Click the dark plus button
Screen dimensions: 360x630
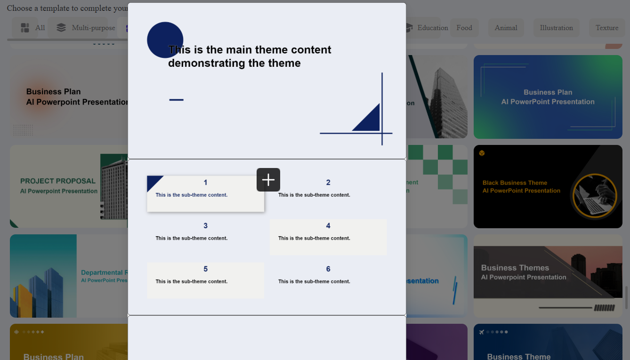pos(268,180)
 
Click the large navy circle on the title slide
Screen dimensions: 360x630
pos(165,40)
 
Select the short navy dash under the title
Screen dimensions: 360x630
pos(176,100)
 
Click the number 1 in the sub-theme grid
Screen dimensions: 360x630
pos(205,183)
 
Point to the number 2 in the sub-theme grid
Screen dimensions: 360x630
pos(328,183)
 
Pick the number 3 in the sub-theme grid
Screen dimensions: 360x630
pos(205,226)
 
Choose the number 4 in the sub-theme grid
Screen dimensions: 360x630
pos(328,226)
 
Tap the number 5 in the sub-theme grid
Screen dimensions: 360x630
pos(205,269)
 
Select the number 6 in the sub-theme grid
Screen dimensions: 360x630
pos(328,269)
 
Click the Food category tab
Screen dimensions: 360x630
pos(464,28)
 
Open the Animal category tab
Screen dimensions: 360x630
pos(506,28)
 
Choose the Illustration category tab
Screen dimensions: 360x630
pos(556,28)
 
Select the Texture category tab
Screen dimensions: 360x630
pos(606,28)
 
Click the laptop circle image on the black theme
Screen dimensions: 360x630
pos(594,196)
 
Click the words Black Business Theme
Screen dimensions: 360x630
pos(515,183)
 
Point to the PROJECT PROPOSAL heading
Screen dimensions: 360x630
pos(57,181)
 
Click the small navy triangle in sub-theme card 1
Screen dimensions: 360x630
pos(153,182)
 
